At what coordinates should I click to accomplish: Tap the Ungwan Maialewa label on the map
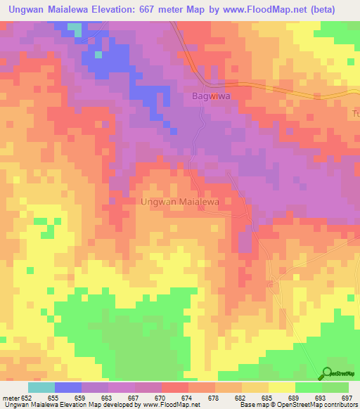click(x=181, y=202)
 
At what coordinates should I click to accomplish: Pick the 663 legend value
click(x=108, y=397)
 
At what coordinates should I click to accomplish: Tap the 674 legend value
click(x=188, y=397)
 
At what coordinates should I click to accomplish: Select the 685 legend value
click(x=269, y=397)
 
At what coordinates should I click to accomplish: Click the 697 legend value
click(x=345, y=397)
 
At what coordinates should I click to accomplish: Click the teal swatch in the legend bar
click(x=41, y=387)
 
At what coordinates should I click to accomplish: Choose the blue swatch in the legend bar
click(x=68, y=387)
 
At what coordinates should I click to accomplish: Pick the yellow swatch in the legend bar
click(x=281, y=387)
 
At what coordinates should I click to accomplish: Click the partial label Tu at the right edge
click(x=355, y=113)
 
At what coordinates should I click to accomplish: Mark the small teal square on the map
click(x=98, y=54)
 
